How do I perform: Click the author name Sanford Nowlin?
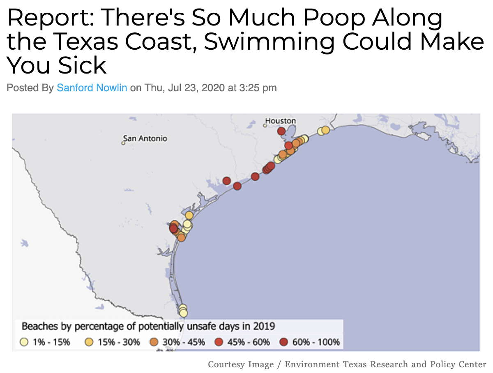pos(92,87)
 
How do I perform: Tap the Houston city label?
pos(281,121)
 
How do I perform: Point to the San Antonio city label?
pos(145,138)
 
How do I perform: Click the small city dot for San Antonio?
pos(122,143)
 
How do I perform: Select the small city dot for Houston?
pos(265,125)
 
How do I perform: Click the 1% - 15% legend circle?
pos(25,342)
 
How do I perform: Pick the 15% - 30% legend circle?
pos(89,342)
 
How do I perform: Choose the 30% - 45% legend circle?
pos(154,342)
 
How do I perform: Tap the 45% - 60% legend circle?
pos(219,342)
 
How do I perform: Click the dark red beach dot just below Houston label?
pos(281,131)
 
